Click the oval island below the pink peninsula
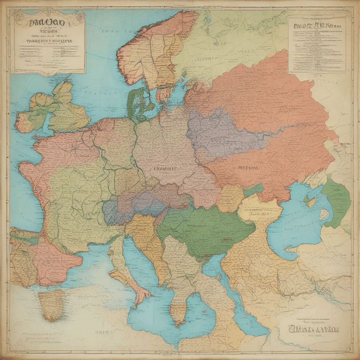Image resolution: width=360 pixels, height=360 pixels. [x=51, y=304]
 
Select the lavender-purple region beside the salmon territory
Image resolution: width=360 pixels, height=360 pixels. [x=219, y=132]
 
